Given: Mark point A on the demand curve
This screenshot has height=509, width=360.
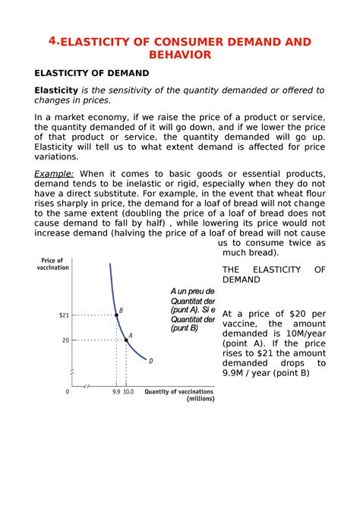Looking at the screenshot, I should click(x=126, y=340).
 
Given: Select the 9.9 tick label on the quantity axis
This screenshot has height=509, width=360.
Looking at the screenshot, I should click(x=115, y=392).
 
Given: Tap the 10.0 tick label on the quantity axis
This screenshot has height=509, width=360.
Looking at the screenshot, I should click(x=128, y=392).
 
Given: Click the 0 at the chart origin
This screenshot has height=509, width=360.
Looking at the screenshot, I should click(x=67, y=392).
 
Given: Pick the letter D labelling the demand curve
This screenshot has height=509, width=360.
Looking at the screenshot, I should click(x=150, y=361).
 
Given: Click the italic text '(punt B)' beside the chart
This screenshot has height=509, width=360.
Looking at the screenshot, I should click(x=184, y=328).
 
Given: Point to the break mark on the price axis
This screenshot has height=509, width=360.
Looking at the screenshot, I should click(x=74, y=372).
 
